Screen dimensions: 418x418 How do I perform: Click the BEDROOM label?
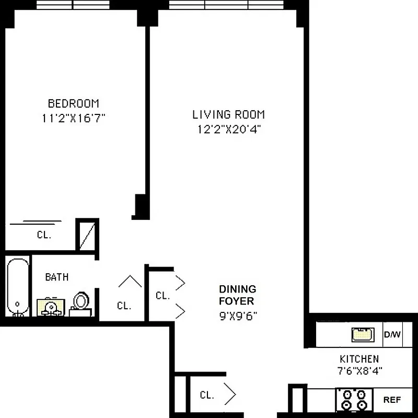pos(73,103)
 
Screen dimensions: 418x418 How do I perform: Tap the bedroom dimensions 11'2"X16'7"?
pos(74,118)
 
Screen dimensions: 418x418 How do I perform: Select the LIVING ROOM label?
pos(228,114)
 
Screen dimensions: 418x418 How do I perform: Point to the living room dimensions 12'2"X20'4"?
pos(228,129)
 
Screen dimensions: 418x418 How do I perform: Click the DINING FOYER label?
pos(237,295)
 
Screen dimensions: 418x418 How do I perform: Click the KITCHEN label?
pos(359,359)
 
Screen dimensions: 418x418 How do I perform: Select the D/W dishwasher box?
pos(392,334)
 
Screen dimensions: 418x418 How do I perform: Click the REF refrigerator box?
pos(392,400)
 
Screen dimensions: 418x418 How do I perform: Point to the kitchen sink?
pos(363,334)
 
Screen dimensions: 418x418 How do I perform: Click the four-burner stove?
pos(354,400)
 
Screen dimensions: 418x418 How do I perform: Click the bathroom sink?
pos(51,307)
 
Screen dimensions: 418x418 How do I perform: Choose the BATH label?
pos(56,277)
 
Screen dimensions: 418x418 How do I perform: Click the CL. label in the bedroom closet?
pos(44,235)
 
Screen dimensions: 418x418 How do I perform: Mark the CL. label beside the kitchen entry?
pos(207,395)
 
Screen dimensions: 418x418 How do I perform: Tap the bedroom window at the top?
pos(73,5)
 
